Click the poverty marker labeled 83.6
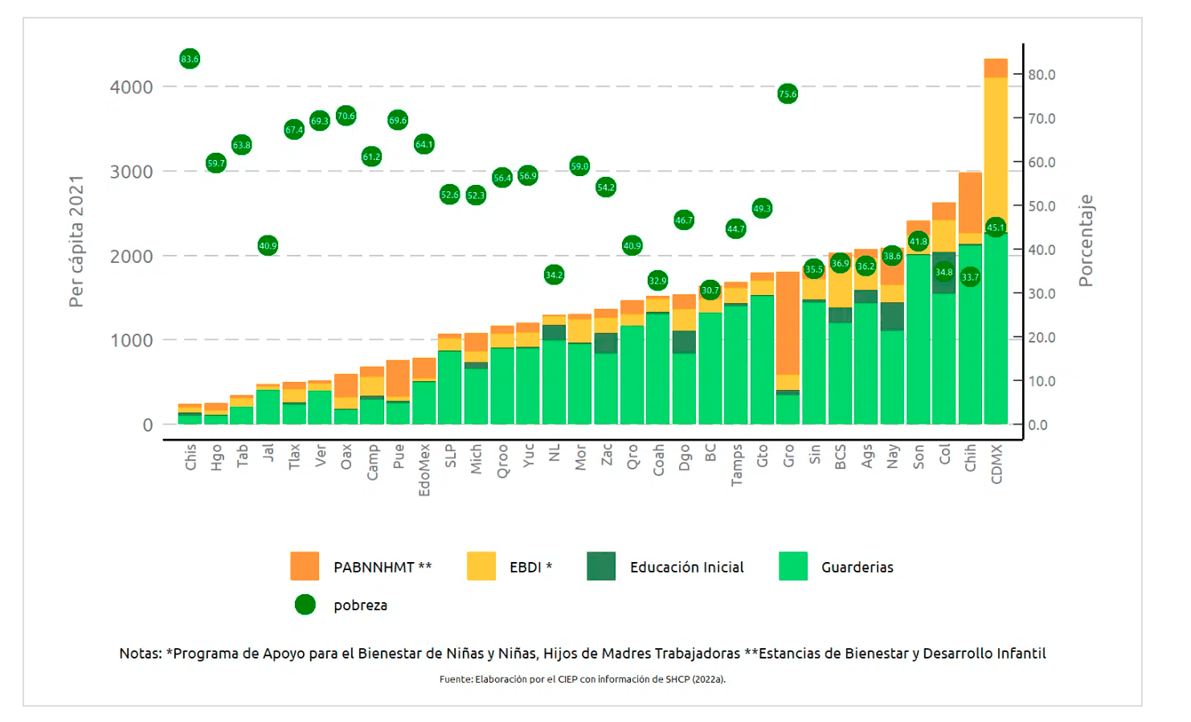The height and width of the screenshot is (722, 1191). (x=190, y=59)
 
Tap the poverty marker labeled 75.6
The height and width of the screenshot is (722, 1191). (x=788, y=94)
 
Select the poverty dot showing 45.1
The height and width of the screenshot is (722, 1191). (x=996, y=228)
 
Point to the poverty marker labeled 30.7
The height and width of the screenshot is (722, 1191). (x=710, y=290)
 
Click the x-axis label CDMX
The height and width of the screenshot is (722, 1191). (x=997, y=464)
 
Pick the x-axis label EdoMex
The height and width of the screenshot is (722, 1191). (x=424, y=470)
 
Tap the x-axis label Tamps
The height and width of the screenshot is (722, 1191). (x=736, y=465)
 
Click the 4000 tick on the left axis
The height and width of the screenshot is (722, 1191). (x=131, y=87)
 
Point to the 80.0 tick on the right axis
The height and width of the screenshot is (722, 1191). (x=1042, y=75)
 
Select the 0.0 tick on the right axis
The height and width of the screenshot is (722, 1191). (x=1038, y=425)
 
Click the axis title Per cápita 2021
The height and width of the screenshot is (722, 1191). (x=76, y=241)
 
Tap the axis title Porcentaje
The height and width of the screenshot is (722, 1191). (x=1086, y=240)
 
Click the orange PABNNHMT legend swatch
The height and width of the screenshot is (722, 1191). (x=305, y=566)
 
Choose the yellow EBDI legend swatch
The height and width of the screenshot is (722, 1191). (x=481, y=566)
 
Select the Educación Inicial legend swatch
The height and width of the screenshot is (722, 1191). (x=601, y=566)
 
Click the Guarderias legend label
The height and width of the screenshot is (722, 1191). (x=857, y=567)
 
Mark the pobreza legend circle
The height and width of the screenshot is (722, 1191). (x=305, y=605)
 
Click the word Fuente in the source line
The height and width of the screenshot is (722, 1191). (x=455, y=679)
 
